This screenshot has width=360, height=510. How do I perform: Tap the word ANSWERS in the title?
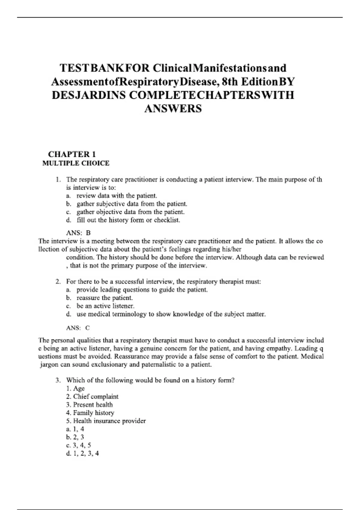coord(173,108)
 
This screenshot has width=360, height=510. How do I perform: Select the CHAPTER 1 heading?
coord(72,154)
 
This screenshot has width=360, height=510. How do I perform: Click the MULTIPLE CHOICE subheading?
coord(76,163)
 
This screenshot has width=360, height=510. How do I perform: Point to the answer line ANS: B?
coord(78,233)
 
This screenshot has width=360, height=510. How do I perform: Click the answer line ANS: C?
coord(78,328)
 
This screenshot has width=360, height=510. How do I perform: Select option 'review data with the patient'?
coord(117,196)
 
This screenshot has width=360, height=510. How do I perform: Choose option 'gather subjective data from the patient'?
coord(132,204)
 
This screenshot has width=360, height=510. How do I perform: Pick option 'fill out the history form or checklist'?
coord(128,220)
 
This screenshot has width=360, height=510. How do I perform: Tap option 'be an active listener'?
coord(105,306)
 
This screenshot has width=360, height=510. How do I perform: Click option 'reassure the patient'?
coord(104,298)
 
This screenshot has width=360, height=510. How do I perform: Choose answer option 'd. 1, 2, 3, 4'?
coord(82,453)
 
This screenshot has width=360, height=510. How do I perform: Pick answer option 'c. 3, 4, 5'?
coord(79,445)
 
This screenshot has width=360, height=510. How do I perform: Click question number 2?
coord(58,282)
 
